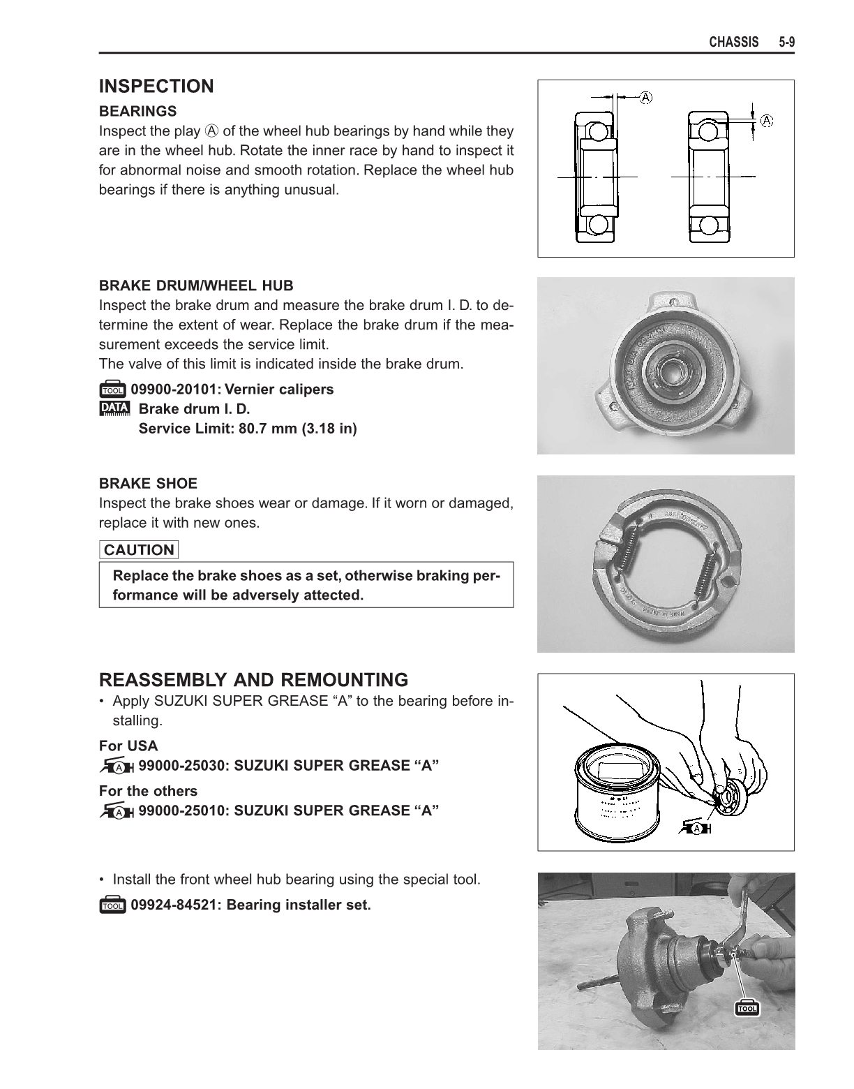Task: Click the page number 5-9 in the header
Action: pyautogui.click(x=787, y=43)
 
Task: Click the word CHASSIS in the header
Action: pyautogui.click(x=733, y=43)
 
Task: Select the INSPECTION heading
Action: pyautogui.click(x=156, y=87)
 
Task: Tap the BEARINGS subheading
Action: pyautogui.click(x=137, y=111)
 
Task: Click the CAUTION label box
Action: pyautogui.click(x=139, y=550)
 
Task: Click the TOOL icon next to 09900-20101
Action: pyautogui.click(x=112, y=390)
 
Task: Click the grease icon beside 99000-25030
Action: pyautogui.click(x=117, y=766)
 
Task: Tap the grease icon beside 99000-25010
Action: pyautogui.click(x=117, y=812)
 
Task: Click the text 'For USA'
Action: pyautogui.click(x=128, y=746)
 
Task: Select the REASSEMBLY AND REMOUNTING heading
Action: pyautogui.click(x=253, y=680)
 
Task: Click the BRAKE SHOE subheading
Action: pyautogui.click(x=148, y=483)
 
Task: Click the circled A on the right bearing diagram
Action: pyautogui.click(x=766, y=120)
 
